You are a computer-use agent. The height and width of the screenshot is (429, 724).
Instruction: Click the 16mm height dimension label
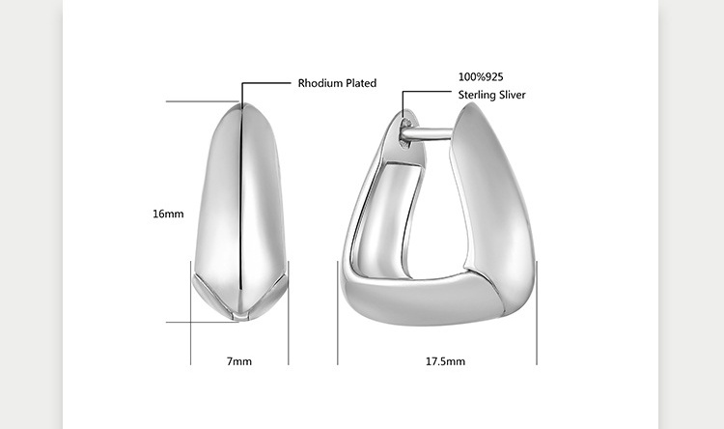pos(168,214)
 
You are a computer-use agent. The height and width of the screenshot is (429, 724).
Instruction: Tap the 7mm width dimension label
pos(239,361)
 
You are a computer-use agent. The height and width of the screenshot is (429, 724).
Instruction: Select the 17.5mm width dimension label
pos(445,361)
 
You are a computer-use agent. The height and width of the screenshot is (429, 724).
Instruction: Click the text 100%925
pos(481,76)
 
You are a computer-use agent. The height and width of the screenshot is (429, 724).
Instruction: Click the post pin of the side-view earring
pos(427,134)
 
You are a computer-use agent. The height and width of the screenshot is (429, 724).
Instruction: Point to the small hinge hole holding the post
pos(405,124)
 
